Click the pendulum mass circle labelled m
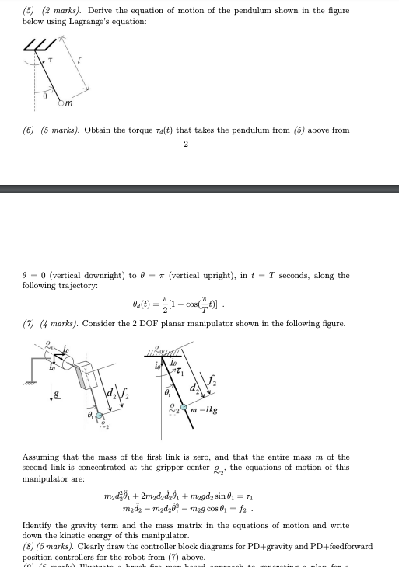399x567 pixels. click(x=64, y=101)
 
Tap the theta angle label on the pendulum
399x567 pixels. click(x=45, y=96)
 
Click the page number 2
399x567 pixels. click(x=186, y=144)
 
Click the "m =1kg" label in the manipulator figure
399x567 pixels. click(x=205, y=408)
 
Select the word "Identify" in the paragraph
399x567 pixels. click(x=38, y=526)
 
